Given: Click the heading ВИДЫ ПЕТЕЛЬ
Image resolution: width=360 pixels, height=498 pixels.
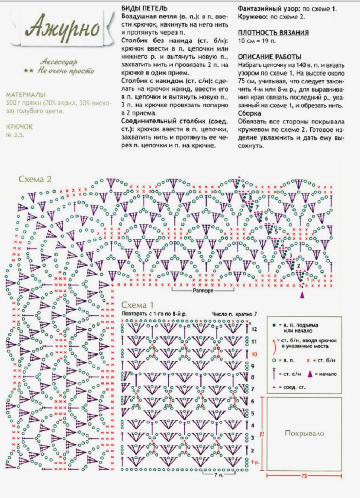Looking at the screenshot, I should [144, 8].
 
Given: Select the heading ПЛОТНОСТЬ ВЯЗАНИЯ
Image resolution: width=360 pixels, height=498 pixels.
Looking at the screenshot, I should [273, 32].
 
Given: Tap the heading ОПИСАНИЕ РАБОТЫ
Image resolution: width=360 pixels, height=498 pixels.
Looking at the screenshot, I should [269, 57].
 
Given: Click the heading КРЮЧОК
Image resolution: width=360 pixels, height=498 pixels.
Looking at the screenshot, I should [20, 126].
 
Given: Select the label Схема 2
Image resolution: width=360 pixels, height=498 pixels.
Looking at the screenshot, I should [35, 179].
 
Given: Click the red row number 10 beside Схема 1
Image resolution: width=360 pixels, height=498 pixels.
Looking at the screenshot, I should [254, 354].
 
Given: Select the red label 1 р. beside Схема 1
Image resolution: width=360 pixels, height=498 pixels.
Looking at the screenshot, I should [255, 463].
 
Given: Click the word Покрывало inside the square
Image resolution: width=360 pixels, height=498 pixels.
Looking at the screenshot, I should [304, 434].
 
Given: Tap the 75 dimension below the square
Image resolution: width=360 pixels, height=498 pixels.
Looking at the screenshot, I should [304, 476].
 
